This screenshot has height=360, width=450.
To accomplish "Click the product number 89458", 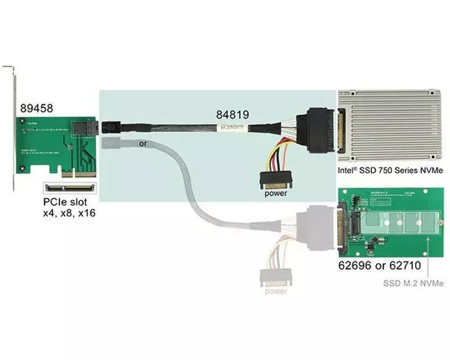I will coord(37,108).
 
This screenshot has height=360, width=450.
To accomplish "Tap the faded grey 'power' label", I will coord(276,291).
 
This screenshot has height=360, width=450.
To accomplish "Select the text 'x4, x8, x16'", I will coord(70,214).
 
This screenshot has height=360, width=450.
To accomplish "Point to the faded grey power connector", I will coord(276,277).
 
